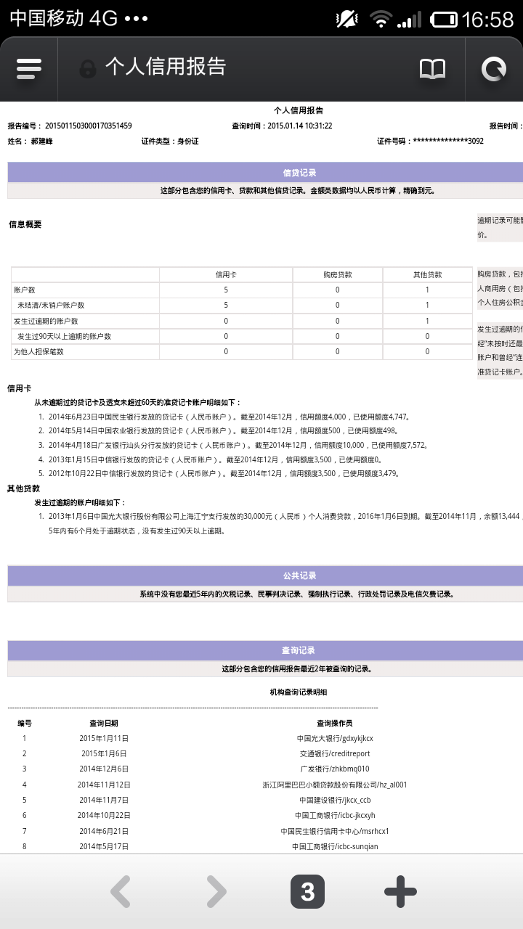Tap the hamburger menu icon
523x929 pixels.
point(28,69)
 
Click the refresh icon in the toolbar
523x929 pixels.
point(494,69)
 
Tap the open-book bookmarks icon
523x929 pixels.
point(433,69)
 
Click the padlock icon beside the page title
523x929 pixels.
point(88,69)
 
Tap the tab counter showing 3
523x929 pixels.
point(307,892)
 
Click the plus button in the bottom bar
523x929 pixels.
point(400,892)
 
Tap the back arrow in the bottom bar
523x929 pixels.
point(121,892)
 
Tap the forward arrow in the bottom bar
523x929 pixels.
point(216,892)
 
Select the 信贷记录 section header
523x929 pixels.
point(299,173)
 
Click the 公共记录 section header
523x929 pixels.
point(299,576)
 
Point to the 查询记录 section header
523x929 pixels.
point(299,650)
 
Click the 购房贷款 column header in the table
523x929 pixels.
point(338,274)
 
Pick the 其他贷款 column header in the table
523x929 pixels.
point(427,274)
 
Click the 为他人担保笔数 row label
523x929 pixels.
point(39,352)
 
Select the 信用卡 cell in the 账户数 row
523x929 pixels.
point(226,290)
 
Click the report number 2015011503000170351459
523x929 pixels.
point(89,126)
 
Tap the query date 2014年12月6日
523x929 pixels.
point(104,769)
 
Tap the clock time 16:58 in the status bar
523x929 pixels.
point(488,19)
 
